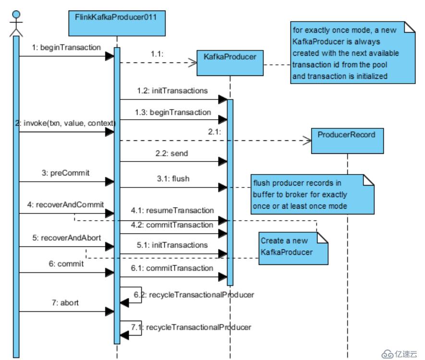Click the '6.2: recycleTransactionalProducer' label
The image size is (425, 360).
point(193,294)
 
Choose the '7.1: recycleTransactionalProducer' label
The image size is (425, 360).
point(191,327)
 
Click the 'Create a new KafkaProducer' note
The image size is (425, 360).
point(292,246)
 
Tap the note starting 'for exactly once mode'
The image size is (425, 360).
point(352,52)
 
